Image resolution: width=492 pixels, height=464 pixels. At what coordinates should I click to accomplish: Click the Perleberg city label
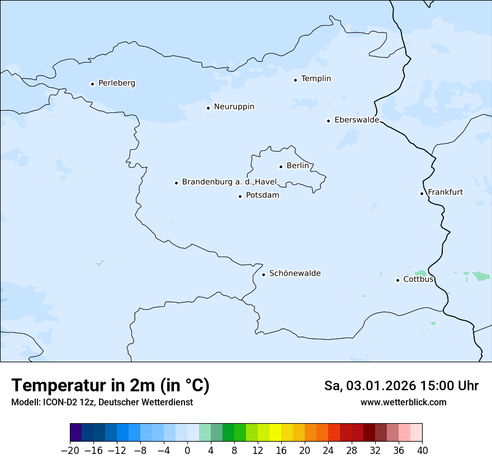116,83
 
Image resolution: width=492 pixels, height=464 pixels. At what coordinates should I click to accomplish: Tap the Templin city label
316,79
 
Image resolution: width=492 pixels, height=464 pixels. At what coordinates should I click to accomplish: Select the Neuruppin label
234,107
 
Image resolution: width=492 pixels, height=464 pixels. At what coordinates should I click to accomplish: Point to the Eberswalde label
356,120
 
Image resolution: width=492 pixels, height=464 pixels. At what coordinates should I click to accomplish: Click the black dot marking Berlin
281,167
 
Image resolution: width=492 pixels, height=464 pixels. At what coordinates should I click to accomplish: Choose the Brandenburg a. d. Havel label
229,182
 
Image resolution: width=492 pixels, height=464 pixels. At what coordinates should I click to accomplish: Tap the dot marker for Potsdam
240,196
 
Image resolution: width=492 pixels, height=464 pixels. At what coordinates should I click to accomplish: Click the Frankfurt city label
445,192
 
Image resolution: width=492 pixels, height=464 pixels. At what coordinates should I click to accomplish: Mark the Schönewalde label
295,273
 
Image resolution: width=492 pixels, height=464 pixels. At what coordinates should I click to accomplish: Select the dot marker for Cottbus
398,280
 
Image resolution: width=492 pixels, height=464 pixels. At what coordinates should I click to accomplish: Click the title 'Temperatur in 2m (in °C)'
111,386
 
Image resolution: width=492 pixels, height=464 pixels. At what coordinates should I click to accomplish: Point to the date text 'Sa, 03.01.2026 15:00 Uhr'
401,386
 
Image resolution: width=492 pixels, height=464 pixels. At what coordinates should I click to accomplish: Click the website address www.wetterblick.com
403,403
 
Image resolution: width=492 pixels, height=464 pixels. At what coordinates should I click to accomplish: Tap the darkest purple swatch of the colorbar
75,433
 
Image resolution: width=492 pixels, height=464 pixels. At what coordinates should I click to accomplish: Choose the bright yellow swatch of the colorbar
275,433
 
